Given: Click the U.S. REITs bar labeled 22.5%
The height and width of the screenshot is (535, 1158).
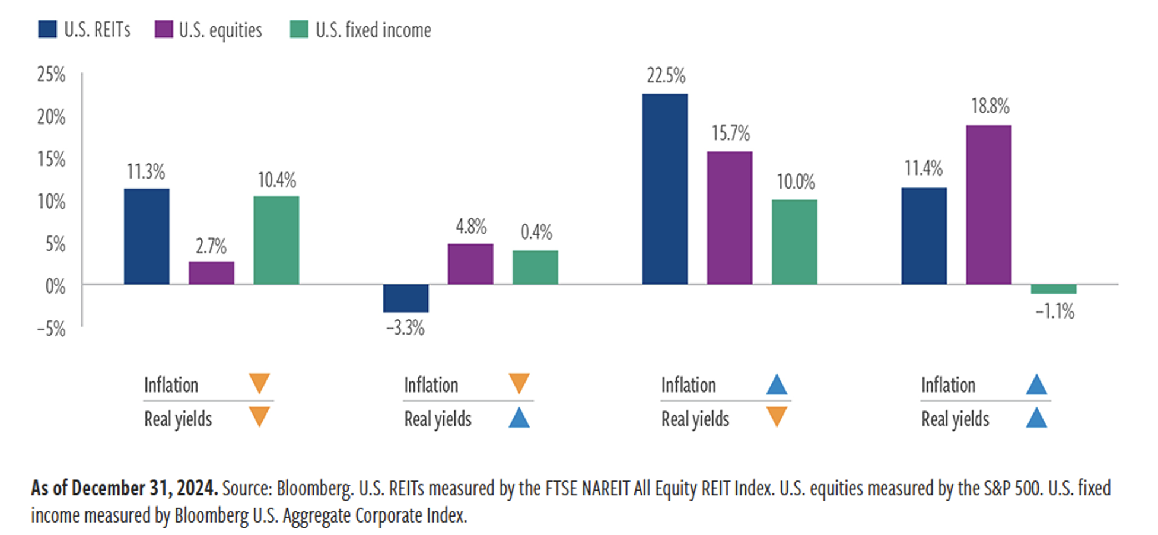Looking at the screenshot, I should click(x=665, y=189).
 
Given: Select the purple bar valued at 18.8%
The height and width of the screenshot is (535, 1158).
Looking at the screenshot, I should click(x=988, y=205).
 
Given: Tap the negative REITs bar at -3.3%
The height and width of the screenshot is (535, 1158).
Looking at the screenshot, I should click(x=406, y=298).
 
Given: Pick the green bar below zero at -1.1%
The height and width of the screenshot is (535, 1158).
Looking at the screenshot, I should click(x=1054, y=289).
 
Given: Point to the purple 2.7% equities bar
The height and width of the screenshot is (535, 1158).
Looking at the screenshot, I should click(x=211, y=273).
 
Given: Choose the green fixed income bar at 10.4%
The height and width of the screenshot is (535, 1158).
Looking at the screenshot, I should click(x=276, y=240).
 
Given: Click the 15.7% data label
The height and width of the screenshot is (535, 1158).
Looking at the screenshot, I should click(x=730, y=133).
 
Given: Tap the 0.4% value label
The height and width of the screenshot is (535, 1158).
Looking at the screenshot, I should click(x=536, y=232).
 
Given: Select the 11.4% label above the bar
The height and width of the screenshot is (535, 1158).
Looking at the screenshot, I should click(x=923, y=168).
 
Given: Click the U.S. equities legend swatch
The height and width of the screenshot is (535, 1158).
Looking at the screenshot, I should click(x=163, y=30).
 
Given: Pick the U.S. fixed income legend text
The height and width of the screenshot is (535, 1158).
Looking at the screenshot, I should click(x=373, y=30).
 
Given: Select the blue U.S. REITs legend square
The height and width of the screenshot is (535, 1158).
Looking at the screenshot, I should click(x=47, y=30).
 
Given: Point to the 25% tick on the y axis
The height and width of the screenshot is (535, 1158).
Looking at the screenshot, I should click(x=51, y=75).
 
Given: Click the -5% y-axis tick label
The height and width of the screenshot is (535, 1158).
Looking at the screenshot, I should click(x=51, y=329).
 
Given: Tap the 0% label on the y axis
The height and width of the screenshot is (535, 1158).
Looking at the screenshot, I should click(x=55, y=286).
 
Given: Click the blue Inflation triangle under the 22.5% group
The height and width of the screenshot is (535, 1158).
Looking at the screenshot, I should click(x=777, y=385).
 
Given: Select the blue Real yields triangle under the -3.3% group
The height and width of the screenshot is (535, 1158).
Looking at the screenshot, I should click(x=519, y=418).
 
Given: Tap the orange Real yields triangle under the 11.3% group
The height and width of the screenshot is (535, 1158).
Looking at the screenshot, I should click(x=259, y=417).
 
